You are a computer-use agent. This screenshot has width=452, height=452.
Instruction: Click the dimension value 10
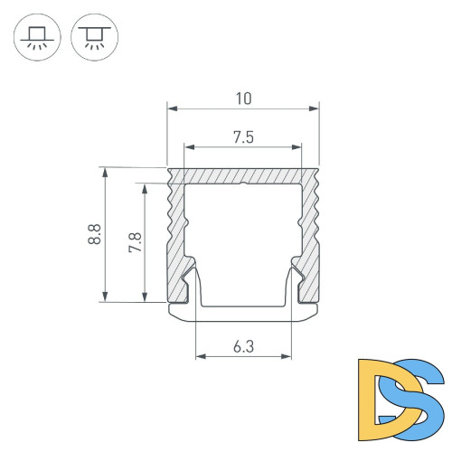click(x=243, y=98)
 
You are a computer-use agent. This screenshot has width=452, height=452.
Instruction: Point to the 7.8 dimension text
click(x=135, y=242)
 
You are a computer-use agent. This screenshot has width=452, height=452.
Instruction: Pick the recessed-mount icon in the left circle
click(x=37, y=41)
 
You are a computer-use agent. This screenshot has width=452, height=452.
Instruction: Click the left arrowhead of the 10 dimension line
click(x=172, y=109)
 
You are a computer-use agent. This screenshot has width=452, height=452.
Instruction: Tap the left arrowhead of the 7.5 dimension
click(x=188, y=146)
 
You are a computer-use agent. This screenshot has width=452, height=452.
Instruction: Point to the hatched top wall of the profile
click(x=243, y=175)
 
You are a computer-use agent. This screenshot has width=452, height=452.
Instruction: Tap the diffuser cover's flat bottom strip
click(x=243, y=313)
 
